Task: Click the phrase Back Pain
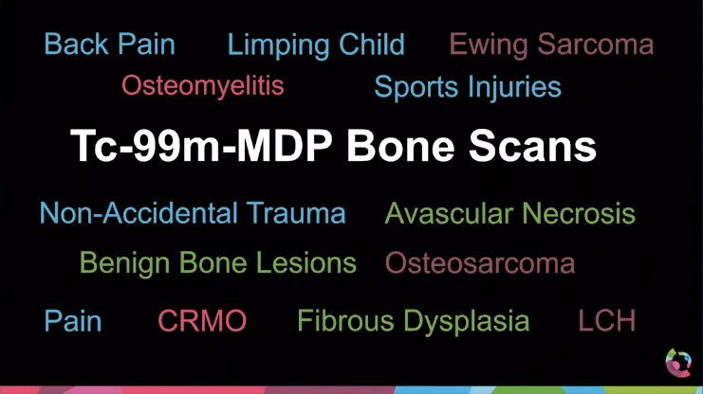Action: tap(110, 45)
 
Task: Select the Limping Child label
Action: tap(316, 45)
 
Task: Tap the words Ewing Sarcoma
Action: tap(551, 45)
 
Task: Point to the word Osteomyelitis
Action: tap(203, 86)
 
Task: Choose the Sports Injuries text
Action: tap(468, 87)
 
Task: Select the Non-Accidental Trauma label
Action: tap(193, 213)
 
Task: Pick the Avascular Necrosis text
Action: tap(509, 213)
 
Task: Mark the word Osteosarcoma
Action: tap(480, 262)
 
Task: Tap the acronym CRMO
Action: tap(202, 321)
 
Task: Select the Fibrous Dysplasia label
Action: tap(414, 321)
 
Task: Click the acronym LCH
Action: tap(607, 321)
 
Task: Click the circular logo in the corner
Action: tap(678, 363)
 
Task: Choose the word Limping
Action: tap(275, 45)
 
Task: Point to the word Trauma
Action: tap(298, 213)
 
